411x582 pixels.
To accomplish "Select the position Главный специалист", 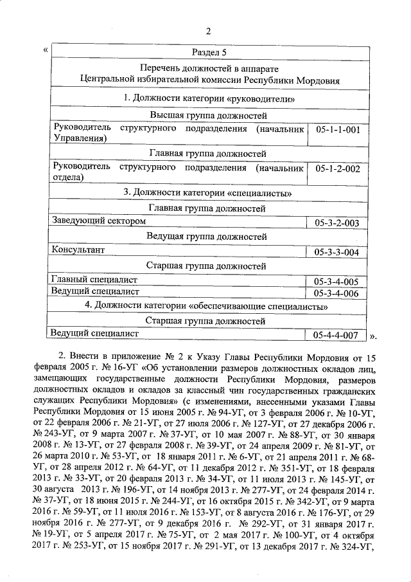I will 94,280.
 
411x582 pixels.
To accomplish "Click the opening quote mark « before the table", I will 44,49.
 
